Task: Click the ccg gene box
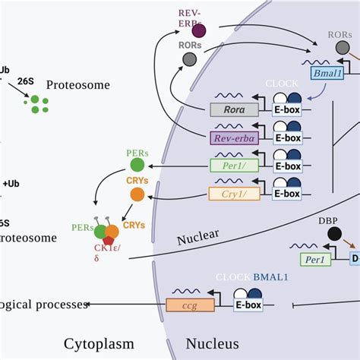point(186,306)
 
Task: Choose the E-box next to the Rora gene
point(287,109)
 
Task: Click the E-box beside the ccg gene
point(248,306)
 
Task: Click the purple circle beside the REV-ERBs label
point(198,30)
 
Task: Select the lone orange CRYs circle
point(137,194)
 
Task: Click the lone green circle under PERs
point(137,165)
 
